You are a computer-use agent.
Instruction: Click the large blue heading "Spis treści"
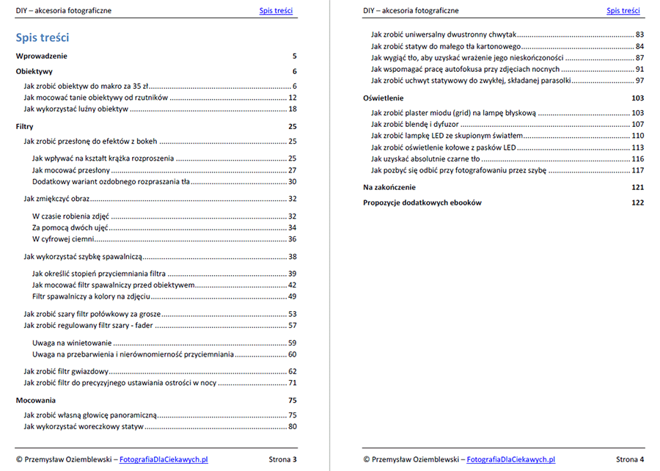(x=43, y=37)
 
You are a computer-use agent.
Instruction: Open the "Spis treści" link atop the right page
(x=623, y=10)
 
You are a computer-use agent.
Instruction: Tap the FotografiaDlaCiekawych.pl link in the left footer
(x=164, y=459)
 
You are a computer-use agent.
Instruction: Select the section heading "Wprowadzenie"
(x=42, y=56)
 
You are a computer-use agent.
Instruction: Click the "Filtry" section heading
(x=24, y=126)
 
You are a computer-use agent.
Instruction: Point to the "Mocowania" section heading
(x=35, y=401)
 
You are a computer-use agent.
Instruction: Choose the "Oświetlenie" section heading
(x=383, y=98)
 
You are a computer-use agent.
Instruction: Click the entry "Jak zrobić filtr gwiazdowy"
(x=66, y=371)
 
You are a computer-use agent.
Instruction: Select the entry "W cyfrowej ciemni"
(x=63, y=239)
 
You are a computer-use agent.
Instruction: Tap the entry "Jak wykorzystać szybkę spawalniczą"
(x=82, y=257)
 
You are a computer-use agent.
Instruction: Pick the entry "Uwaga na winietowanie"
(x=72, y=343)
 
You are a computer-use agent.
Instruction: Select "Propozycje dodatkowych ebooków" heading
(x=422, y=202)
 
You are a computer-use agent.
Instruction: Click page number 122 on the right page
(x=637, y=202)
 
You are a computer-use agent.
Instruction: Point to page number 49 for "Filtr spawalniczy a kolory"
(x=292, y=296)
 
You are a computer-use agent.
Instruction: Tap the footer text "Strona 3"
(x=283, y=459)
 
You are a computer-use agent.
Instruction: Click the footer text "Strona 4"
(x=630, y=459)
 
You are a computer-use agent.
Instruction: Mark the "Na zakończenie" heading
(x=389, y=187)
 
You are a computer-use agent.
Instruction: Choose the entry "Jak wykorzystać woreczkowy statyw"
(x=82, y=426)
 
